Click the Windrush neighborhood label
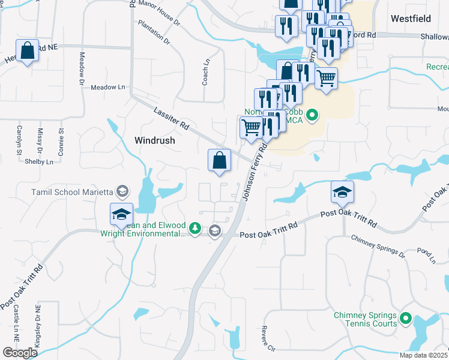(154, 140)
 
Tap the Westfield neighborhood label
(411, 19)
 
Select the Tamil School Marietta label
(72, 192)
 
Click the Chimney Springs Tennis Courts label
(366, 319)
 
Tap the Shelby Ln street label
(41, 161)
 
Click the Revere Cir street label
(267, 338)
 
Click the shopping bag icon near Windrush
(220, 160)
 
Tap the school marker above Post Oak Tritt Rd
(342, 192)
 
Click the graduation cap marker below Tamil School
(121, 214)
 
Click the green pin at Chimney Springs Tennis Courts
(406, 319)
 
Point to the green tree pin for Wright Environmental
(194, 229)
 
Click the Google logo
(20, 353)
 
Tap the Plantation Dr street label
(154, 33)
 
